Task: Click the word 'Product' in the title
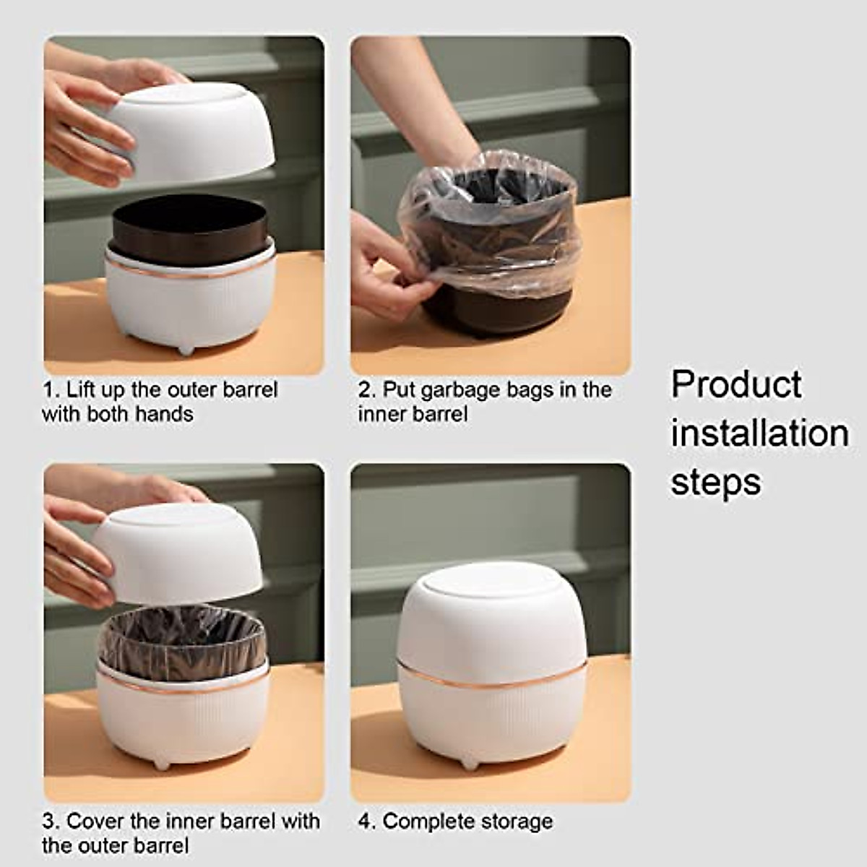(x=736, y=384)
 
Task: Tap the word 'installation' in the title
(x=759, y=433)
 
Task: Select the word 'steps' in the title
(x=715, y=482)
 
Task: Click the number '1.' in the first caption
(x=51, y=390)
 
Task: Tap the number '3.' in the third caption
(x=51, y=821)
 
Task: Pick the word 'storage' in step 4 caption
(x=517, y=821)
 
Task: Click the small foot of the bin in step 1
(x=186, y=350)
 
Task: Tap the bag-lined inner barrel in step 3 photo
(x=181, y=639)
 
